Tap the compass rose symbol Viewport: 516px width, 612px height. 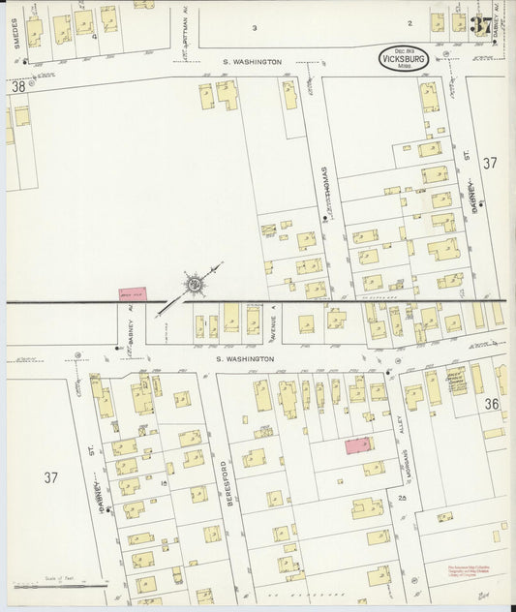click(195, 284)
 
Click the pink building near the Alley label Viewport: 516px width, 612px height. click(357, 444)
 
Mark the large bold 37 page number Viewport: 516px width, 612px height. click(481, 25)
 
